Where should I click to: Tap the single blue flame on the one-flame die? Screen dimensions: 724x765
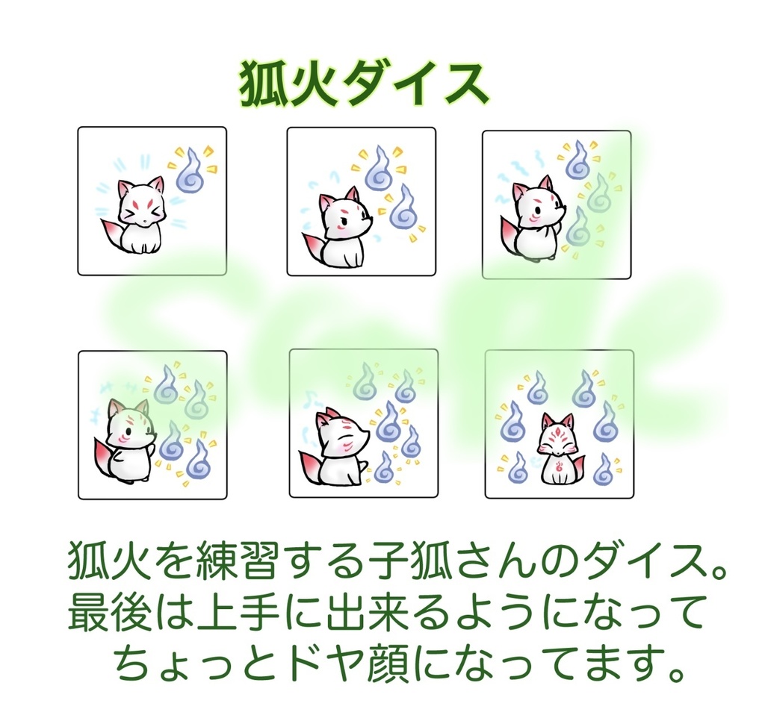point(190,171)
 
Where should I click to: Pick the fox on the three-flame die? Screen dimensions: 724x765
point(538,220)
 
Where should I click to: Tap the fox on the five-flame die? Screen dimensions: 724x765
point(341,447)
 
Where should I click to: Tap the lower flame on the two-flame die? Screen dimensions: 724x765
point(403,208)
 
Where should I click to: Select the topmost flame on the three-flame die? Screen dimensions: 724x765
point(577,160)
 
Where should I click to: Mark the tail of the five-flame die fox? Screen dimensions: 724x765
point(309,466)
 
